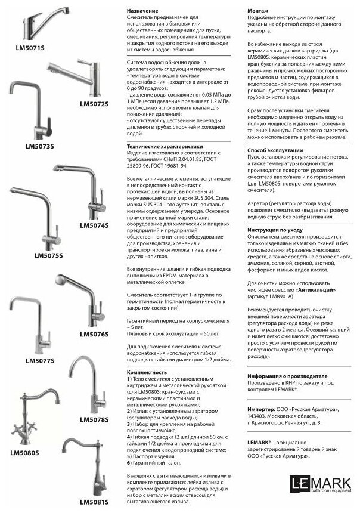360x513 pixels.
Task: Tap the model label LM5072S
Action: click(x=95, y=104)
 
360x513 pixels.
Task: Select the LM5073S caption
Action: click(x=39, y=146)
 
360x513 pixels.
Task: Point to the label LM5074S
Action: click(x=94, y=225)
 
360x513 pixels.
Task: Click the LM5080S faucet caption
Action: click(x=24, y=453)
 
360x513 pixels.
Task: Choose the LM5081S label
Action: click(x=94, y=502)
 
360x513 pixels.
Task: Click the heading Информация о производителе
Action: click(x=287, y=376)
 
